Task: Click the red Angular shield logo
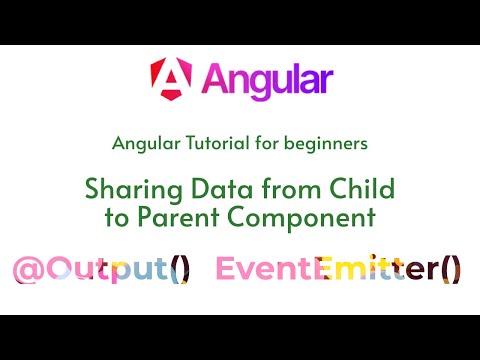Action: point(171,79)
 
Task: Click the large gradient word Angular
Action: point(267,80)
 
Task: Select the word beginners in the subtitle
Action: point(326,144)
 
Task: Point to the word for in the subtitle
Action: point(267,143)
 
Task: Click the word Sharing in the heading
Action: point(134,190)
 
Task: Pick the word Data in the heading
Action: point(222,188)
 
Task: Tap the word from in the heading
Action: point(291,188)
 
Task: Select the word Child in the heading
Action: point(362,188)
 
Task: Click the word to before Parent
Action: point(117,217)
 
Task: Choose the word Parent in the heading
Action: point(178,217)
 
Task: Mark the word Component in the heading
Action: point(302,219)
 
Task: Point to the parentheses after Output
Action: point(180,269)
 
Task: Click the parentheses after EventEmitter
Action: point(452,269)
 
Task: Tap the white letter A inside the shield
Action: point(171,78)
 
